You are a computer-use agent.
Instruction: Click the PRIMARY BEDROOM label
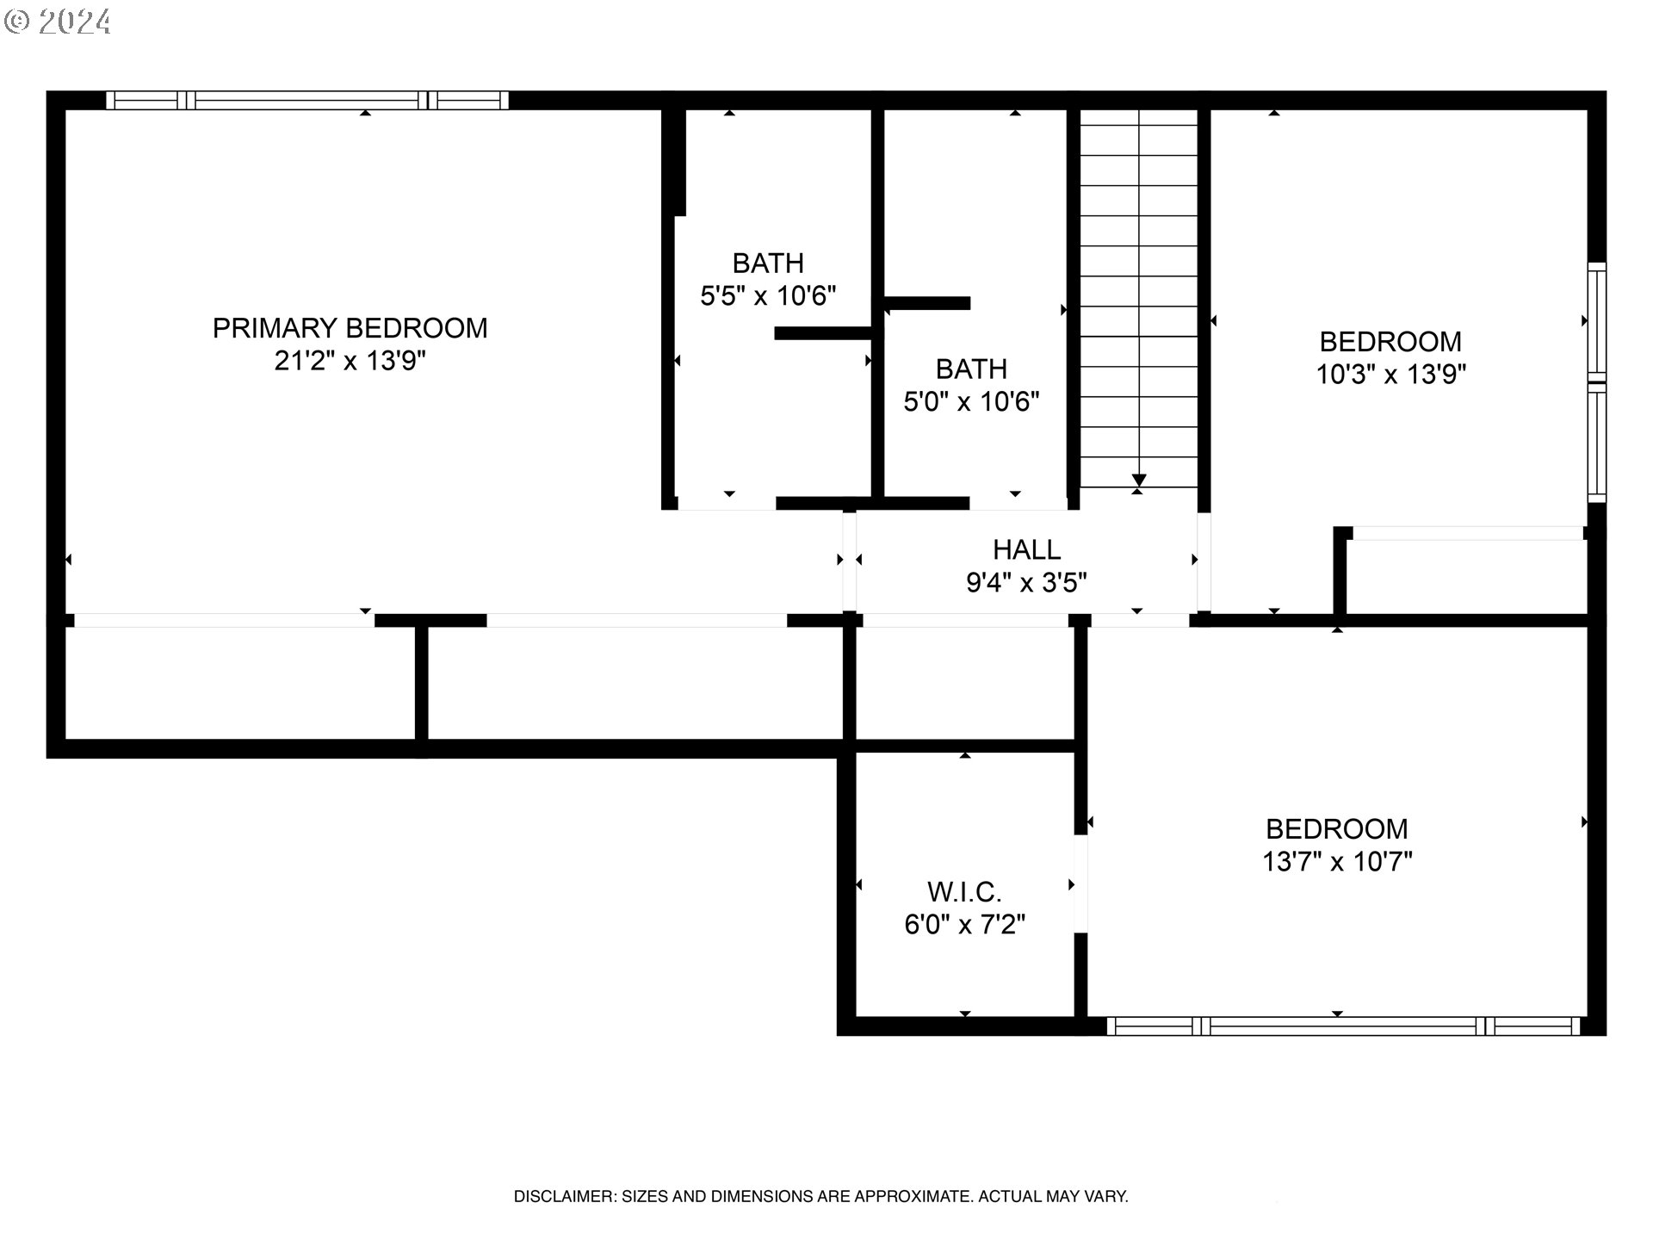[x=350, y=328]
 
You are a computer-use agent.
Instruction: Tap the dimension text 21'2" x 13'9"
[x=350, y=361]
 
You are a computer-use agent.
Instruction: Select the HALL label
[x=1026, y=549]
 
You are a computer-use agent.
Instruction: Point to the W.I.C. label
[x=964, y=891]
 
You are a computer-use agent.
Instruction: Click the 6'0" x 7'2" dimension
[x=964, y=925]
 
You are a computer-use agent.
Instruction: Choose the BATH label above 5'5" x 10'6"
[x=768, y=263]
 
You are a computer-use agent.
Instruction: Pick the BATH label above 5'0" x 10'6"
[x=971, y=369]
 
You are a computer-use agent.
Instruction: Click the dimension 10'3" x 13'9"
[x=1390, y=375]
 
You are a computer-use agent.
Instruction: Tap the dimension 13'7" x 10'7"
[x=1337, y=862]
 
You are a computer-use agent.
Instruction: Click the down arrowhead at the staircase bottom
[x=1139, y=480]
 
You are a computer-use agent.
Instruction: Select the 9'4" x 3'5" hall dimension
[x=1026, y=583]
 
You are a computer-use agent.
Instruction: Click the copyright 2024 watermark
[x=58, y=21]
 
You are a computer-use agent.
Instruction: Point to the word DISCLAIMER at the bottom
[x=564, y=1196]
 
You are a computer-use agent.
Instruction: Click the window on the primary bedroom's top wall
[x=307, y=101]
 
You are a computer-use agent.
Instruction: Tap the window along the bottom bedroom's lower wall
[x=1343, y=1026]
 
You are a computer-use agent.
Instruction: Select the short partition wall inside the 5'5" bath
[x=824, y=333]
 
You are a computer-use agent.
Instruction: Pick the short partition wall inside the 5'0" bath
[x=928, y=303]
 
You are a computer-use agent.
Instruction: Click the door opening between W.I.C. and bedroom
[x=1080, y=883]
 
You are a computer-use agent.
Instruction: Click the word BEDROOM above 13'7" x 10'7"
[x=1337, y=829]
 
